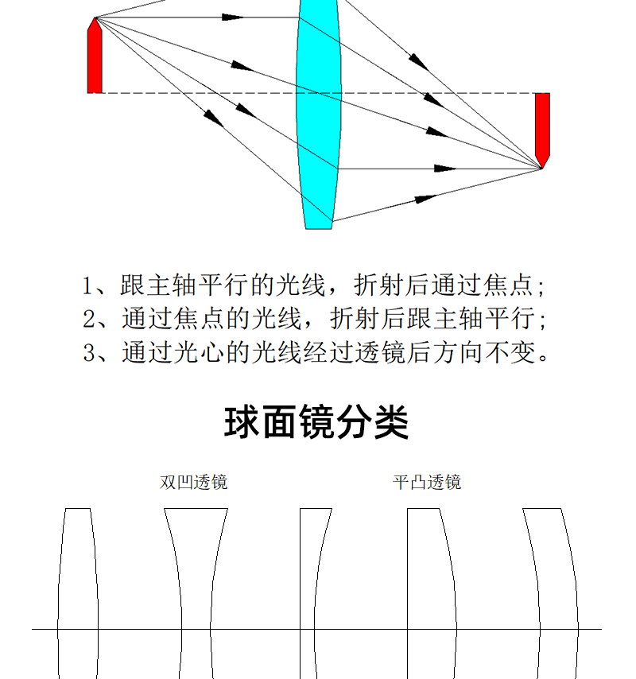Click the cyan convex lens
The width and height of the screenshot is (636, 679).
point(319,114)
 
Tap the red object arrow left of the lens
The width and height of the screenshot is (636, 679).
point(95,56)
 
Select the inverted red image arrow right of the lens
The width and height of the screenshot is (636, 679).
point(542,130)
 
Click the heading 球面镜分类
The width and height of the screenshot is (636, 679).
point(316,422)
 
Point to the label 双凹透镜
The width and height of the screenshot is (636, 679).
point(193,482)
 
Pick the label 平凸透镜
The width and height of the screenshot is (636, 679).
point(427,482)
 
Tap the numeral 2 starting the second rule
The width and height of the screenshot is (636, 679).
point(89,320)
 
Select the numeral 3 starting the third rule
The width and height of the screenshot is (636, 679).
point(89,352)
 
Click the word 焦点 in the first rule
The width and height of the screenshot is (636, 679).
point(508,285)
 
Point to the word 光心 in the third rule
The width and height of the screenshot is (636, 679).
point(199,351)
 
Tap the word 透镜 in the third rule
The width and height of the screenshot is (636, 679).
point(381,351)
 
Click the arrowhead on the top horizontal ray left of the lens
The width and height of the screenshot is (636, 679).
point(232,17)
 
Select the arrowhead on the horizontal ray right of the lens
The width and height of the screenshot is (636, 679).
point(444,169)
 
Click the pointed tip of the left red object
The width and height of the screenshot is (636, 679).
point(95,17)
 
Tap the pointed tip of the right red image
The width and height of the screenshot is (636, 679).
point(541,168)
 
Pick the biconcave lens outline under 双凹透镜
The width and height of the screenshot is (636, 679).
point(196,593)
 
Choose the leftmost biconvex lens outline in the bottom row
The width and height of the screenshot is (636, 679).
point(78,593)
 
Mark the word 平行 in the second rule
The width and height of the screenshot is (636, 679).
point(510,319)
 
